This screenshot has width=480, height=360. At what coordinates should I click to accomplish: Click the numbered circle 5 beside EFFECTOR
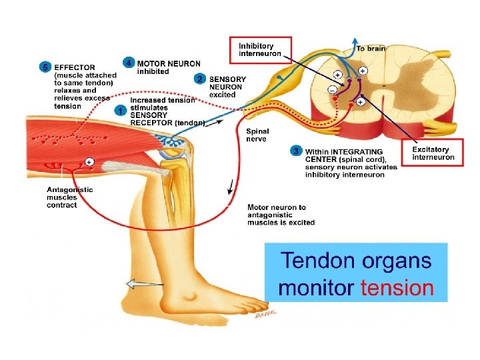click(x=45, y=67)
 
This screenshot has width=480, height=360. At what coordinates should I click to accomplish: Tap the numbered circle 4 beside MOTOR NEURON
click(x=129, y=63)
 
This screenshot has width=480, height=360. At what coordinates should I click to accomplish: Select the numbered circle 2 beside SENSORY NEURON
click(x=200, y=79)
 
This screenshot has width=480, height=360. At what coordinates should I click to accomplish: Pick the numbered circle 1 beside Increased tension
click(x=120, y=110)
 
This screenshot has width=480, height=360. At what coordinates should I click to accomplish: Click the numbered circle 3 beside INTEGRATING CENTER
click(x=296, y=151)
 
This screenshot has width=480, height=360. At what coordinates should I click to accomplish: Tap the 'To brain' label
click(x=370, y=48)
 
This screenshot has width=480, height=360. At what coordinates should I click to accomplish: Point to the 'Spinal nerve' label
click(x=257, y=135)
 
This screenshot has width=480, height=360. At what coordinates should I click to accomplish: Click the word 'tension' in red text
click(x=397, y=288)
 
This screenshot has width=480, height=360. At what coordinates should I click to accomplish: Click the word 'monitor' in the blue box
click(x=316, y=288)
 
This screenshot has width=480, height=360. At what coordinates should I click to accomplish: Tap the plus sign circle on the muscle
click(x=89, y=161)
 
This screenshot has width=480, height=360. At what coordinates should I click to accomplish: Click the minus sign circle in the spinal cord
click(x=332, y=89)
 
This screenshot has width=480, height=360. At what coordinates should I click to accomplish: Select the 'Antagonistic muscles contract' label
click(x=70, y=197)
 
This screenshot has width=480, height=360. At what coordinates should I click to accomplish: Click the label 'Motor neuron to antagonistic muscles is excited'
click(x=280, y=215)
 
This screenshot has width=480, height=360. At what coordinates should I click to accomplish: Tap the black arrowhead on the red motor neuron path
click(x=231, y=189)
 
